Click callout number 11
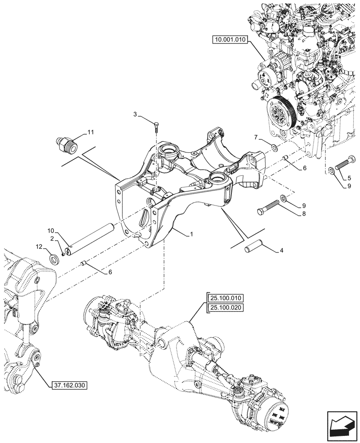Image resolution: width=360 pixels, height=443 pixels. [90, 132]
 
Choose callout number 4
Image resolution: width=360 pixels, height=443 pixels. [281, 251]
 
